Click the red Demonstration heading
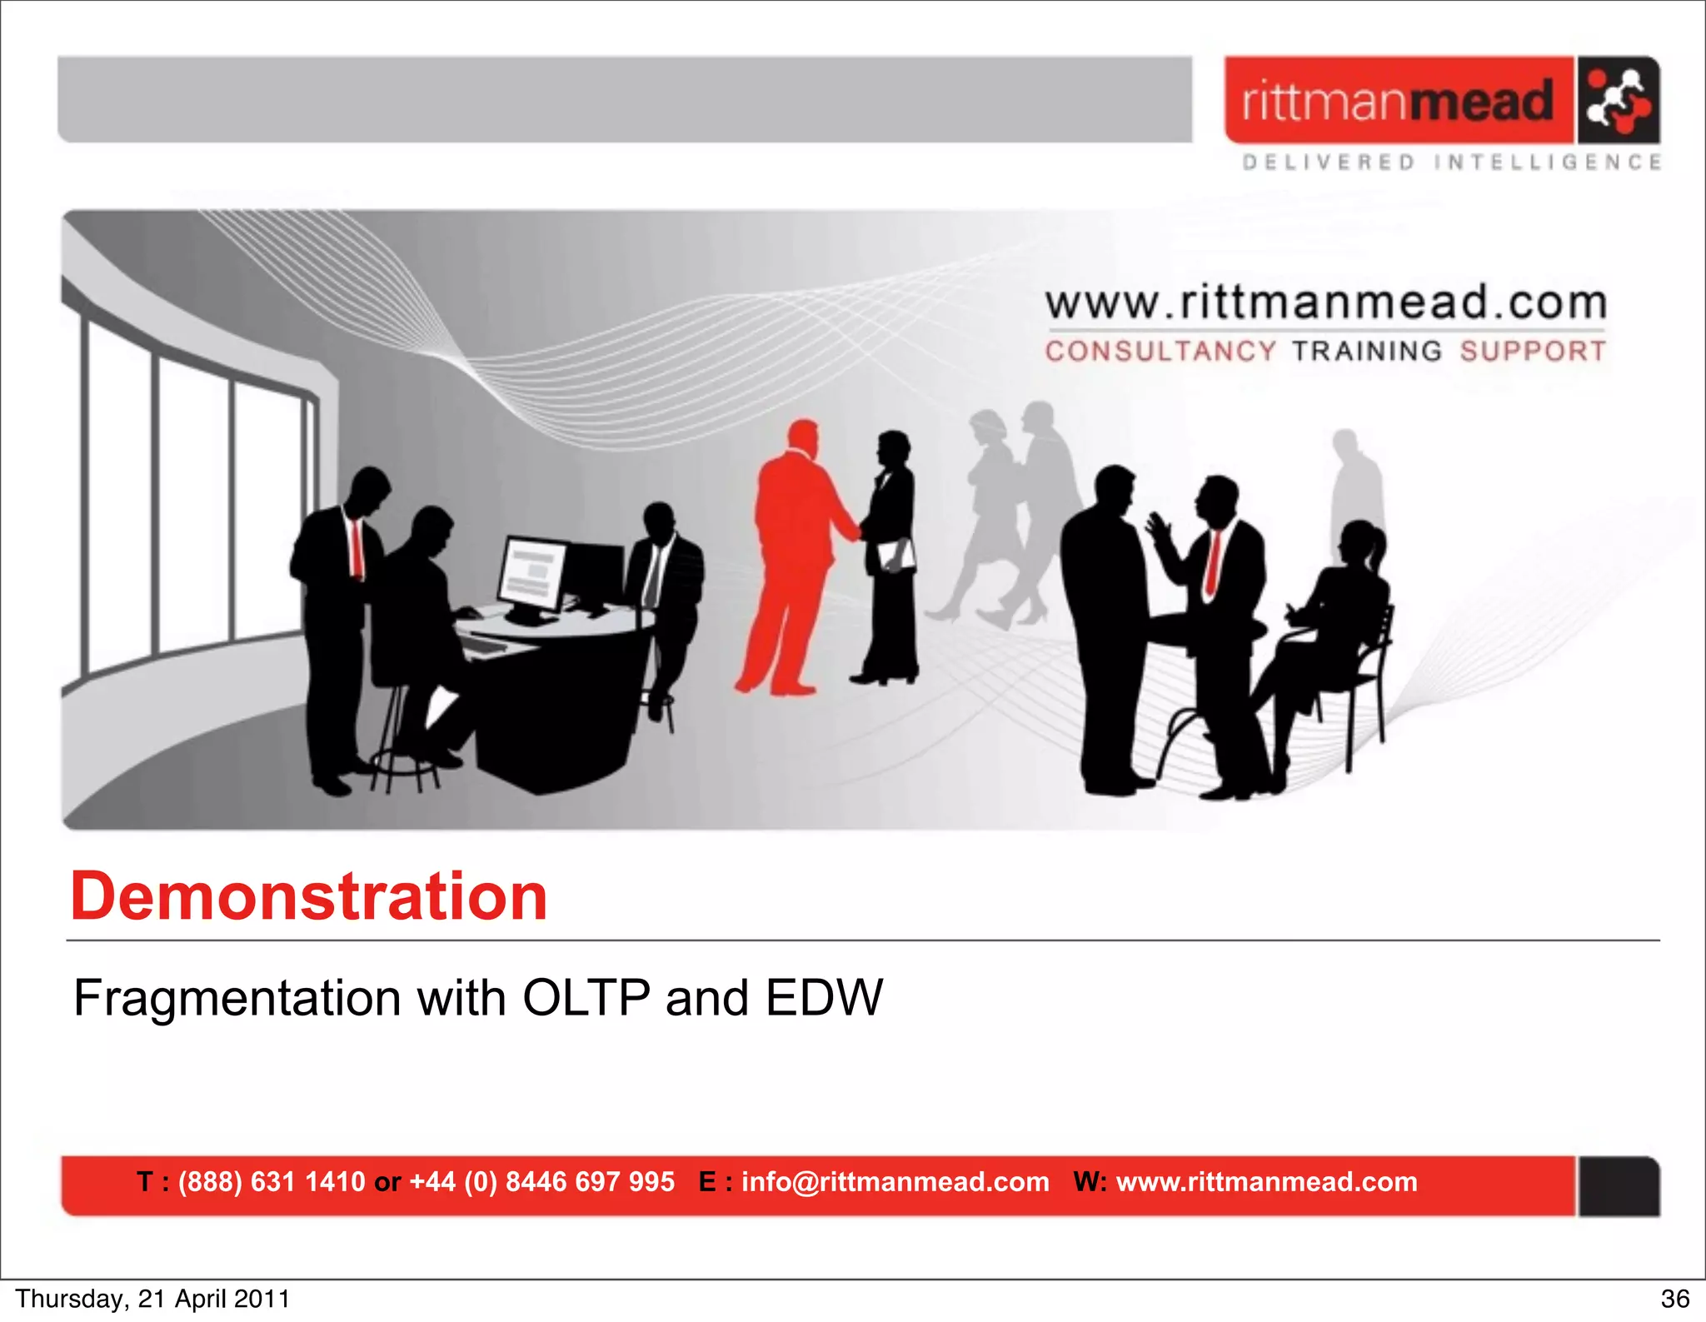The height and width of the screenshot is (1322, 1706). coord(308,896)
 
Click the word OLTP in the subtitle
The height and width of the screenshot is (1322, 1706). coord(586,997)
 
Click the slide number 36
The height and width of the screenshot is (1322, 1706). coord(1674,1299)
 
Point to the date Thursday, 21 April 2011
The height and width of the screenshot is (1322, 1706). coord(152,1299)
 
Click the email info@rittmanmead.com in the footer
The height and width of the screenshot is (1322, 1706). coord(895,1181)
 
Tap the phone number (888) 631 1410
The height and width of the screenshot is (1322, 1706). coord(272,1181)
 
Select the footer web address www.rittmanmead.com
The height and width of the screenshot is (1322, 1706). coord(1266,1181)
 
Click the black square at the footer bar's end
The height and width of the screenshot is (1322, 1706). coord(1618,1186)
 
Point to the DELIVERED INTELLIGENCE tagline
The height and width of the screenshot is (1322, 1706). coord(1451,162)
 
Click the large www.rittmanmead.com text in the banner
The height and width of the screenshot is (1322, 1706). coord(1325,302)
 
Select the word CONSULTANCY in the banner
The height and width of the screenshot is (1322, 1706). coord(1160,351)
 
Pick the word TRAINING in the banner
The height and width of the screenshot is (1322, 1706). coord(1366,351)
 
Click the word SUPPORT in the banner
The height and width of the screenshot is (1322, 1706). coord(1532,351)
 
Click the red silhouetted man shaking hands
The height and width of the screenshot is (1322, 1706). coord(794,550)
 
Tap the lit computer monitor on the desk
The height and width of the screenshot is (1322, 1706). coord(533,575)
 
